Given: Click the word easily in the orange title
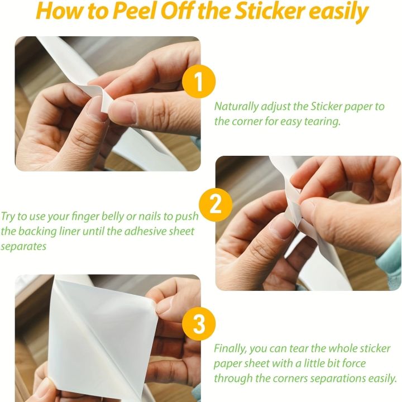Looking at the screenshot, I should click(x=338, y=12).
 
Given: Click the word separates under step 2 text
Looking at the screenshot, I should click(x=23, y=246).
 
